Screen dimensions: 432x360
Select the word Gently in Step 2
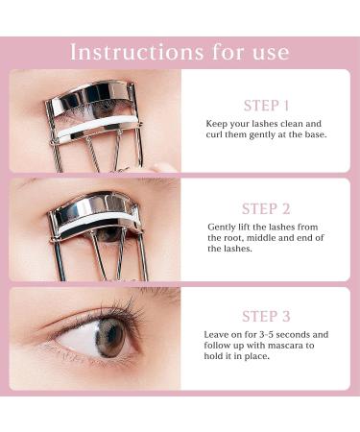point(223,226)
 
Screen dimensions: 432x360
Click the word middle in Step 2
point(281,237)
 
